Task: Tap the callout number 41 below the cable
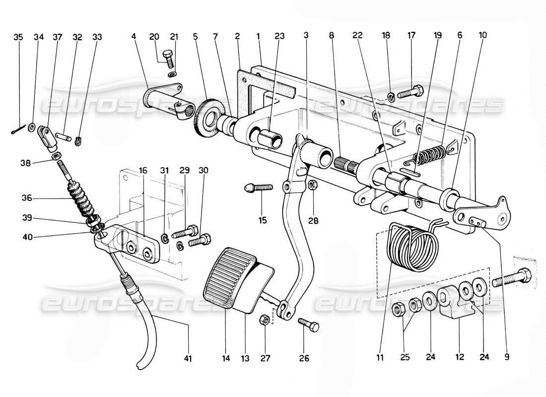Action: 188,358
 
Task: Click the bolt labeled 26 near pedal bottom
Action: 308,325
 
